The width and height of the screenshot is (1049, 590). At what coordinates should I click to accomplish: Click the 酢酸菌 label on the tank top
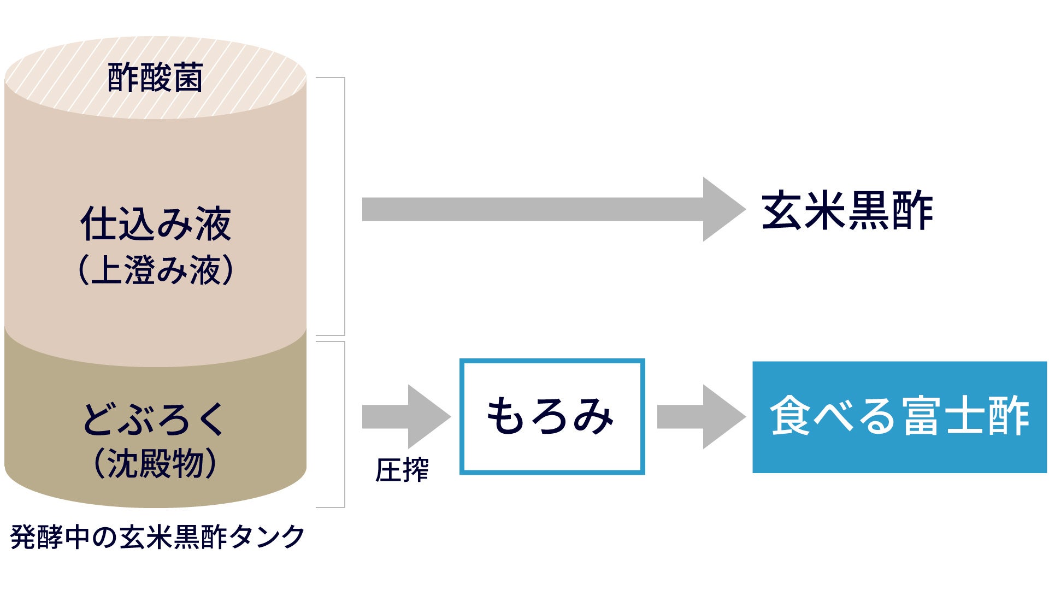155,78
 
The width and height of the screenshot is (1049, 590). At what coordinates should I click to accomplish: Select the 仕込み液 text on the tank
156,224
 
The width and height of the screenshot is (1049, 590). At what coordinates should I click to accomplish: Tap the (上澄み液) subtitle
156,270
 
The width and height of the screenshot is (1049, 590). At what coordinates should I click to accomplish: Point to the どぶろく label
154,419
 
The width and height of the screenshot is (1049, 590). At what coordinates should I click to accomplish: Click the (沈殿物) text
155,464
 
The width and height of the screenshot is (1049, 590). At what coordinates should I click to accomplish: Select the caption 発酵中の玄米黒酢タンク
157,536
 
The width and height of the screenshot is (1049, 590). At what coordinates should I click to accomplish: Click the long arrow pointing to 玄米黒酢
552,209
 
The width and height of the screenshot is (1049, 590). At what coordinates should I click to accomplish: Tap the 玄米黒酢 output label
847,210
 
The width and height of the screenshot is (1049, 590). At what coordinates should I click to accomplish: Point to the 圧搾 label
402,470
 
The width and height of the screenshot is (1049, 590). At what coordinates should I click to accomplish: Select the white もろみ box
552,416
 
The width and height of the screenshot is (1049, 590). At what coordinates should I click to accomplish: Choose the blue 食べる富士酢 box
899,417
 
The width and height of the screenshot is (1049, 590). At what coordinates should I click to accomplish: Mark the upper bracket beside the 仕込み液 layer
344,206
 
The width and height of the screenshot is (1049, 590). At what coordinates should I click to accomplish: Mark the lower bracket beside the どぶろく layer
344,424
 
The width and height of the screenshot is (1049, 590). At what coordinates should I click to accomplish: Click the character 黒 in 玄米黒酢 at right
869,210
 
